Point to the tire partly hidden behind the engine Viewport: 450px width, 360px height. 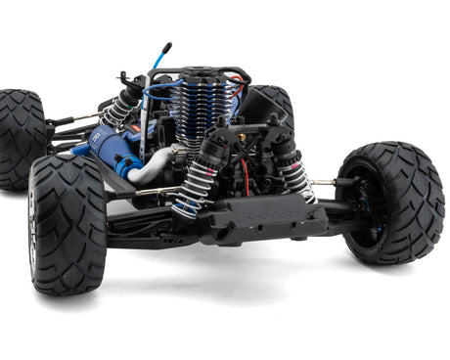277,103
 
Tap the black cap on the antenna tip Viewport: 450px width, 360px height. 166,46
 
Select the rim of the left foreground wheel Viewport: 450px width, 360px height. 34,235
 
